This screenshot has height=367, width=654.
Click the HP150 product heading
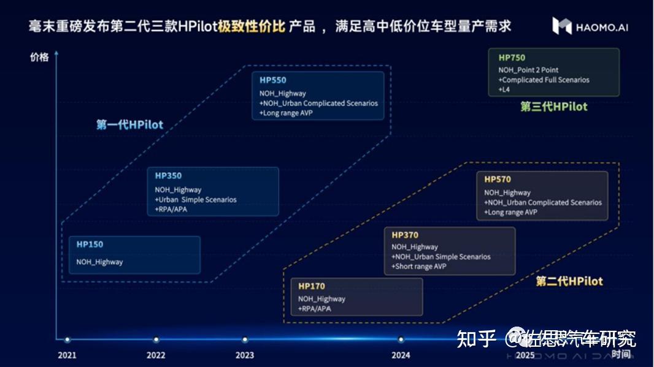tap(90, 244)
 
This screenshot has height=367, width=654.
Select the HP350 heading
tap(168, 176)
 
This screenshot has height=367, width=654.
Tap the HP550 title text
tap(272, 80)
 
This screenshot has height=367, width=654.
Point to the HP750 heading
tap(512, 58)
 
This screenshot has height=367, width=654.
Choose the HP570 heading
tap(498, 180)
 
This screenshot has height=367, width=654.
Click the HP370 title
tap(405, 235)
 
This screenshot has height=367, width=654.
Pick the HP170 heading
tap(312, 286)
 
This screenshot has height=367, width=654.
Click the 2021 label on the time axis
tap(67, 355)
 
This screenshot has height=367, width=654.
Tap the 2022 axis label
tap(156, 355)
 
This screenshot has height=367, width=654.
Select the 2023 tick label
tap(245, 355)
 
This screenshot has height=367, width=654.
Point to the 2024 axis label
tap(401, 355)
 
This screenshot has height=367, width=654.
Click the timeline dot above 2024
tap(401, 339)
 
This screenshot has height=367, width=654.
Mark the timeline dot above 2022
tap(156, 339)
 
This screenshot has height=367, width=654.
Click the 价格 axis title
tap(39, 57)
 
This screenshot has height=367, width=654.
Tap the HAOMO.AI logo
tap(590, 26)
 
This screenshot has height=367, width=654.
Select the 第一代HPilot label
tap(130, 125)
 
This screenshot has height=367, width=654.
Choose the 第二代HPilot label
tap(569, 281)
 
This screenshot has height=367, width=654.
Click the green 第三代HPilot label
tap(554, 107)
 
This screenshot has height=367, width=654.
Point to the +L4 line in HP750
tap(504, 89)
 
